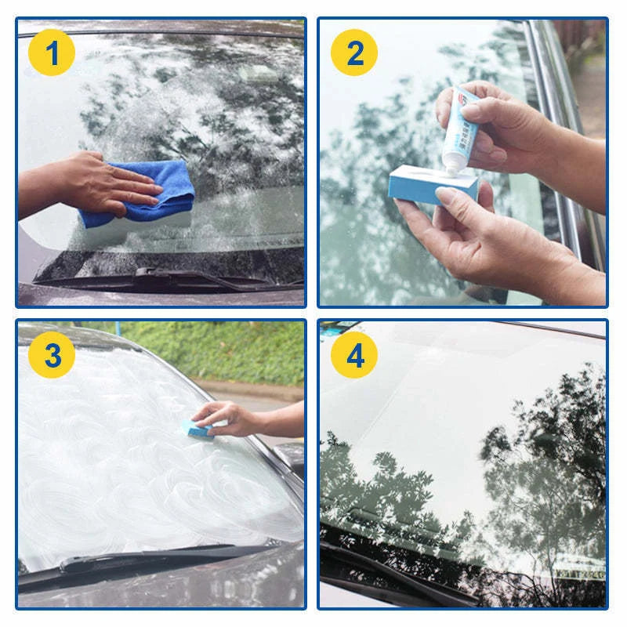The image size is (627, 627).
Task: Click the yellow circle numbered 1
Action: click(x=52, y=53)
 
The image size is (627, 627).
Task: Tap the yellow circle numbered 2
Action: click(x=354, y=53)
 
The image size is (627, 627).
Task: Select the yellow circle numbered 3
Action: click(x=52, y=354)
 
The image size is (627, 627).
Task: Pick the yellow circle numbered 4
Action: click(x=354, y=354)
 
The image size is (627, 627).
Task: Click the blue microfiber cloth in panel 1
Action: click(x=149, y=192)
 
